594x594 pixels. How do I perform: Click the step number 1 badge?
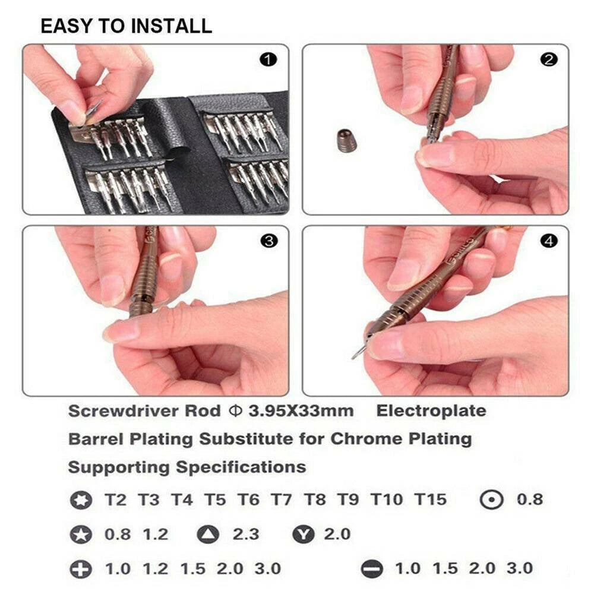coord(268,59)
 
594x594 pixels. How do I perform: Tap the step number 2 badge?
coord(549,59)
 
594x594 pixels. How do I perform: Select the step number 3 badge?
coord(269,241)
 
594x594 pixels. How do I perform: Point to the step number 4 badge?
coord(549,241)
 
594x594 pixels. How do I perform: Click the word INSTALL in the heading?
coord(172,26)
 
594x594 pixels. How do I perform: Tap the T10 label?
coord(387,500)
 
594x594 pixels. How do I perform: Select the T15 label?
coord(430,500)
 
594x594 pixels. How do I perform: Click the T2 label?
coord(115,500)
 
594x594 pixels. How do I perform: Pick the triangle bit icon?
coord(208,534)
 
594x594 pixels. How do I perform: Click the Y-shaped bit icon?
coord(304,534)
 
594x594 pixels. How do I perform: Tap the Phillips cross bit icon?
coord(81,568)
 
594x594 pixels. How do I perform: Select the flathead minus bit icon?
coord(372,568)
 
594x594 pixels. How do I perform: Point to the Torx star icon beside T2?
coord(81,500)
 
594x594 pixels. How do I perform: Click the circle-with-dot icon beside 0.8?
coord(491,500)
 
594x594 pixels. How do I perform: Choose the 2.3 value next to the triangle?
coord(246,534)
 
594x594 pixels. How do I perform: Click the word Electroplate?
coord(431,411)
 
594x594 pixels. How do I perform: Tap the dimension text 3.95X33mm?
coord(301,411)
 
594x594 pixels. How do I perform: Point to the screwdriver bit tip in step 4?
coord(354,356)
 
